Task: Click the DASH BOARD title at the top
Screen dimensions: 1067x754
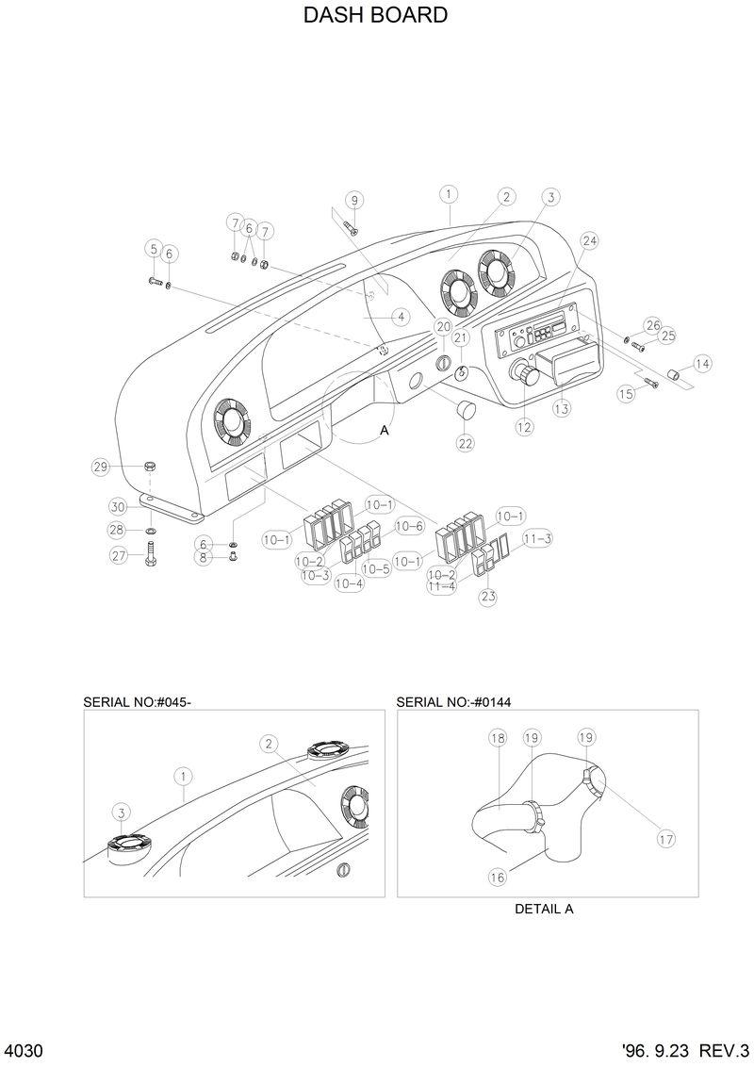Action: (x=375, y=16)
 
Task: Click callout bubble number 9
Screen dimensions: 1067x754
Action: (x=354, y=200)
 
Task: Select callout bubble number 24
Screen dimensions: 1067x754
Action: (x=590, y=241)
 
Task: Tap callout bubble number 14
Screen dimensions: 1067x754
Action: (x=702, y=363)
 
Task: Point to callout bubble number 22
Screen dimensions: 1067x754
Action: (x=466, y=442)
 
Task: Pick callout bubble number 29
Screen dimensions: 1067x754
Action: (x=99, y=467)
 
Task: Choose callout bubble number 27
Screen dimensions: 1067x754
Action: (x=119, y=556)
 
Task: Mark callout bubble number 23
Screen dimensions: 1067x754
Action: (x=488, y=596)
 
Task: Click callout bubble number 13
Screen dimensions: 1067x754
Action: (x=562, y=409)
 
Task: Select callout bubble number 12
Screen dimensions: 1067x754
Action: (x=524, y=427)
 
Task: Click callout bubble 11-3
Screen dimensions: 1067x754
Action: (x=537, y=538)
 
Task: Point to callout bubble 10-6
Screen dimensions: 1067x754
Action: (x=409, y=526)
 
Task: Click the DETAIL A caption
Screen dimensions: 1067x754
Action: (x=544, y=910)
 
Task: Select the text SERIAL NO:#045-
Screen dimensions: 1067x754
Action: (x=138, y=701)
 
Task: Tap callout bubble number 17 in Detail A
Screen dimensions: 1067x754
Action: (x=665, y=838)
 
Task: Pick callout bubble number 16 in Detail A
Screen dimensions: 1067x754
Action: (x=497, y=877)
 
